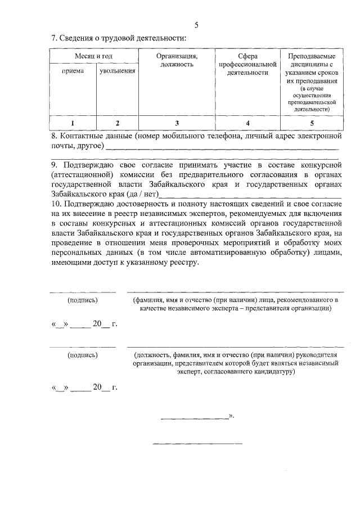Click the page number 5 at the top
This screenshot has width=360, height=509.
[196, 25]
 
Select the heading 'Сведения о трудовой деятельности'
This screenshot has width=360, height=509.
[122, 38]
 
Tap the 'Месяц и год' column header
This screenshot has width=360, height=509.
[94, 57]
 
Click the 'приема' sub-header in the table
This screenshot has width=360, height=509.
[73, 71]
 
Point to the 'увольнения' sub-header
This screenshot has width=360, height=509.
[118, 71]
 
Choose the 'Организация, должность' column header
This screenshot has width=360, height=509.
[176, 60]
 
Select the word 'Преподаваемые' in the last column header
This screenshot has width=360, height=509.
[312, 57]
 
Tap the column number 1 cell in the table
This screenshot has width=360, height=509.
[73, 123]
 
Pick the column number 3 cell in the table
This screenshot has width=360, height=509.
[176, 123]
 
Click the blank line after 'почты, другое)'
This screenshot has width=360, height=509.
[222, 148]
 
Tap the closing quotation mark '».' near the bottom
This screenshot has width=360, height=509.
[231, 417]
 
